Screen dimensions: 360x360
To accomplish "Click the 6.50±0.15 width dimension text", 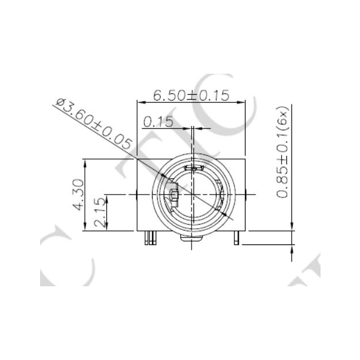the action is (191, 95).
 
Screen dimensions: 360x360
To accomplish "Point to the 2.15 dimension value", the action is (100, 213).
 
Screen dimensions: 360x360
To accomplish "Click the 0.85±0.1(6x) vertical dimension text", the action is (282, 152).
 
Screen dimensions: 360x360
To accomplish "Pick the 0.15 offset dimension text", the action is (159, 122).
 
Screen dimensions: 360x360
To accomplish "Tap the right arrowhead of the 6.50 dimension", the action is (241, 102).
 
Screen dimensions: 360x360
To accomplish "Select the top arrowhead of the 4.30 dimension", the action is (85, 163).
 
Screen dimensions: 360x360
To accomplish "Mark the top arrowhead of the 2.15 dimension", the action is (107, 199).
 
